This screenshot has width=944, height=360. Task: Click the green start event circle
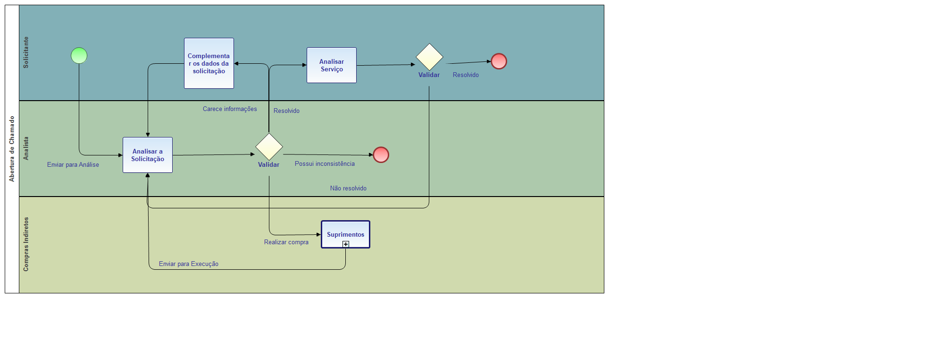pos(79,56)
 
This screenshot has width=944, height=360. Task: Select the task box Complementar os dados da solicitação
pos(209,63)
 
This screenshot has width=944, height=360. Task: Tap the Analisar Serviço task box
pos(332,65)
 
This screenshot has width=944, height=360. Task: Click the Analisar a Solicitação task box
pos(148,155)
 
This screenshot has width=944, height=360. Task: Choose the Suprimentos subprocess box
pos(345,233)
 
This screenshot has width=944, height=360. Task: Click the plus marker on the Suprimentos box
pos(346,244)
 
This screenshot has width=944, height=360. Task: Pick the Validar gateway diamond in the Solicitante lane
pos(429,57)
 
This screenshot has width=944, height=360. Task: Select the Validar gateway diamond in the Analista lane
pos(269,147)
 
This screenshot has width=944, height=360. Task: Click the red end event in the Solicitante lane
pos(499,61)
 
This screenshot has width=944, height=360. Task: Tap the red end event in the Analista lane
pos(381,155)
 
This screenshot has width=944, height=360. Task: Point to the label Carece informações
pos(230,109)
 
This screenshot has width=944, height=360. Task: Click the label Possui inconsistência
pos(325,164)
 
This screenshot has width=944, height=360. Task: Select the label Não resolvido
pos(348,189)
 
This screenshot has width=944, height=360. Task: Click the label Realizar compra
pos(286,242)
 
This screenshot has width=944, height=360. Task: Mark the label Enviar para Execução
pos(189,264)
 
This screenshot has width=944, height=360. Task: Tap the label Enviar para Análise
pos(73,165)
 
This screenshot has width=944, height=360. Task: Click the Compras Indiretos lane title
pos(26,244)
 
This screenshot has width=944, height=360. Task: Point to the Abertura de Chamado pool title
pos(12,149)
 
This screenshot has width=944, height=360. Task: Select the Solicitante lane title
pos(26,52)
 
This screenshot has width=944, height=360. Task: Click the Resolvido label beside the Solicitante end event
pos(466,75)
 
